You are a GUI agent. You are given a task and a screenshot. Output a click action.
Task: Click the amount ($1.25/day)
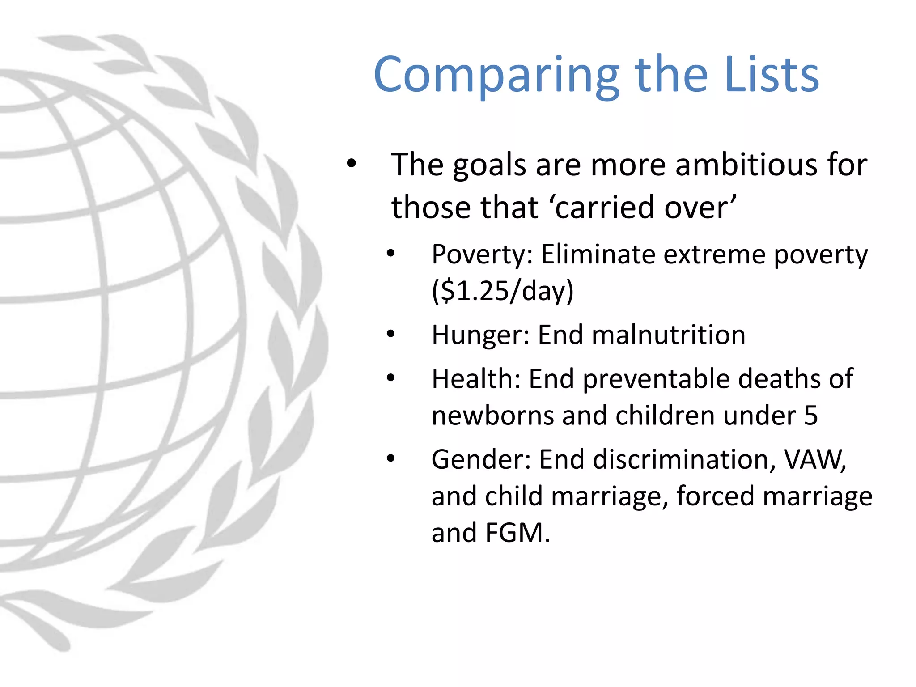[x=502, y=291]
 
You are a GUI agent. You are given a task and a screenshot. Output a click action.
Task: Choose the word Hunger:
[x=481, y=335]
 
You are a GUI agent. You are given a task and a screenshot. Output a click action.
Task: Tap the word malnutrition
[x=641, y=335]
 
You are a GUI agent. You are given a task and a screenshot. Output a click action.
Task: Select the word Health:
[x=476, y=379]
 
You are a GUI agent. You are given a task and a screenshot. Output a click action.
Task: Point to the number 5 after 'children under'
[x=810, y=416]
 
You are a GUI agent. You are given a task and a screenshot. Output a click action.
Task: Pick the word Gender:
[x=481, y=459]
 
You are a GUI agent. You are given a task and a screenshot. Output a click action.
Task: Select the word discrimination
[x=679, y=459]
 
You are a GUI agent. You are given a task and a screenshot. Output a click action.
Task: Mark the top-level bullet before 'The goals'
[x=352, y=163]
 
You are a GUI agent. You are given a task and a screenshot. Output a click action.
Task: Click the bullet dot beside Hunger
[x=391, y=334]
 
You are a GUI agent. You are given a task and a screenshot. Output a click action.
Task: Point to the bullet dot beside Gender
[x=391, y=458]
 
